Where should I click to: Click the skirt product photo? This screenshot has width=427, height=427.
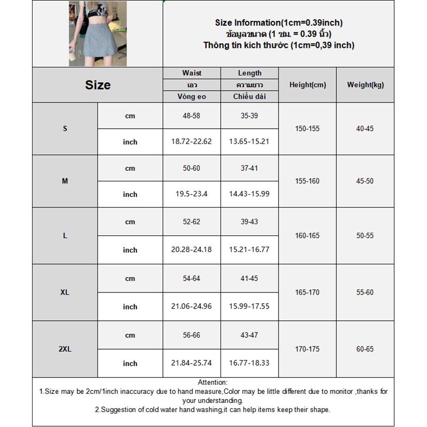(x=98, y=34)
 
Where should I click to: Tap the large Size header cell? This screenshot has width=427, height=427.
(x=98, y=85)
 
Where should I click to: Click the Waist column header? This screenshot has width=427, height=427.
(x=192, y=73)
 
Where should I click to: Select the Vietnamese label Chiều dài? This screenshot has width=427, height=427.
(x=249, y=97)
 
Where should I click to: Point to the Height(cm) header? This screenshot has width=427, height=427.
(x=307, y=85)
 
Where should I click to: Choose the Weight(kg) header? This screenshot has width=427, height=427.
(x=365, y=85)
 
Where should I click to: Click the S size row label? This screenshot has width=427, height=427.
(x=65, y=129)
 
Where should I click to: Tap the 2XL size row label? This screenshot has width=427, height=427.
(x=65, y=349)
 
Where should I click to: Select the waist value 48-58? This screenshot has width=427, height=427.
(x=192, y=116)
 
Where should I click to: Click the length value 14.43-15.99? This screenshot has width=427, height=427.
(x=249, y=194)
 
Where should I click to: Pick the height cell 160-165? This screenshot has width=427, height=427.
(x=307, y=235)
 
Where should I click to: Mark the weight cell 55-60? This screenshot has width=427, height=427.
(x=365, y=292)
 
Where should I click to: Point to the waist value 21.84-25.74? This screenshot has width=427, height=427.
(x=192, y=363)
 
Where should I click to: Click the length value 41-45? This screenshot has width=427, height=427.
(x=249, y=278)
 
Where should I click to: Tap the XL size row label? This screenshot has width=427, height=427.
(x=65, y=292)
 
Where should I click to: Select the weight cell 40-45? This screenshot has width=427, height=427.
(x=365, y=129)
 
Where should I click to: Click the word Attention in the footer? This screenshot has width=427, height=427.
(x=212, y=382)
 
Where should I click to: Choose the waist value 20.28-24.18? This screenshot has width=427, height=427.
(x=192, y=250)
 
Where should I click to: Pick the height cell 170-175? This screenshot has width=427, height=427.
(x=307, y=349)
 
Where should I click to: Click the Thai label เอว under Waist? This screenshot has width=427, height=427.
(x=192, y=85)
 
